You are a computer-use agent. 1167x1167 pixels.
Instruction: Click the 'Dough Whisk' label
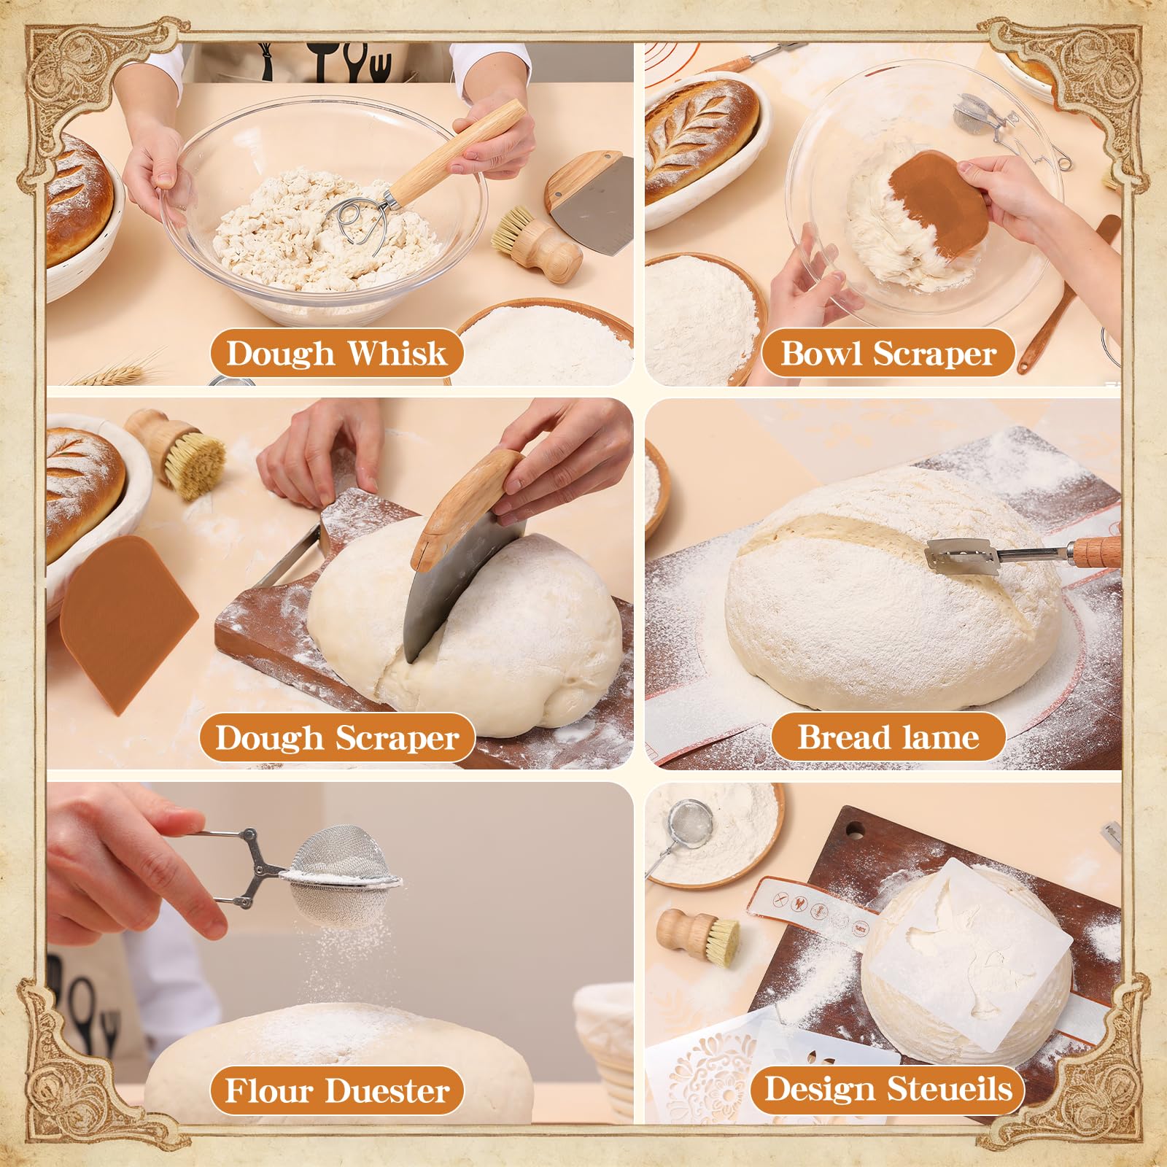tap(336, 354)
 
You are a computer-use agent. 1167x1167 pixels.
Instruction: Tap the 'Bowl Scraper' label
tap(888, 354)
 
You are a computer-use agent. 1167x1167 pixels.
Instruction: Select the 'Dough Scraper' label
tap(337, 738)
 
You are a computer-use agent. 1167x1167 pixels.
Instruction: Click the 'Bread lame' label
tap(888, 737)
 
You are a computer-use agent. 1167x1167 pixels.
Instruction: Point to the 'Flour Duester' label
tap(337, 1091)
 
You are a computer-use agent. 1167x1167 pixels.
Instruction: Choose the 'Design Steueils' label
tap(888, 1090)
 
